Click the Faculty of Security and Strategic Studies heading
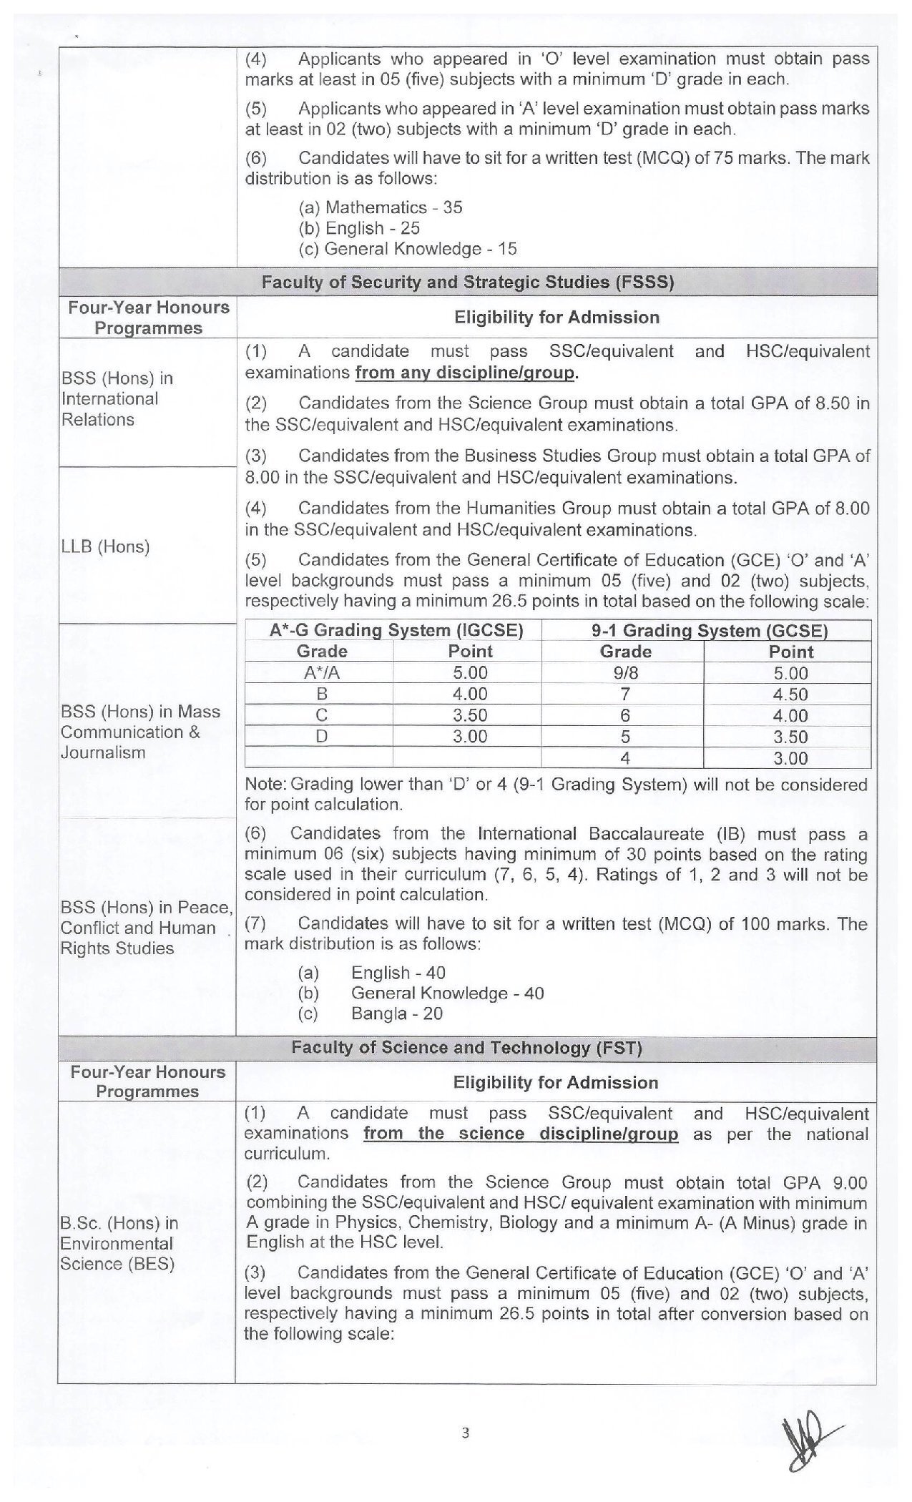point(467,282)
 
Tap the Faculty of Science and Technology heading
point(466,1048)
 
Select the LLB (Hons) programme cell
point(106,547)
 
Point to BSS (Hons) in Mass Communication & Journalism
point(140,732)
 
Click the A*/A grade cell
point(322,672)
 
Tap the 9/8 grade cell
point(624,672)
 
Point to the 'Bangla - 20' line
point(396,1013)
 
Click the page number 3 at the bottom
point(466,1432)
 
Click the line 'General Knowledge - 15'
point(407,249)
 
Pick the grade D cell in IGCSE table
point(322,736)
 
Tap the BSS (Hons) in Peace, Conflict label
point(147,928)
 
